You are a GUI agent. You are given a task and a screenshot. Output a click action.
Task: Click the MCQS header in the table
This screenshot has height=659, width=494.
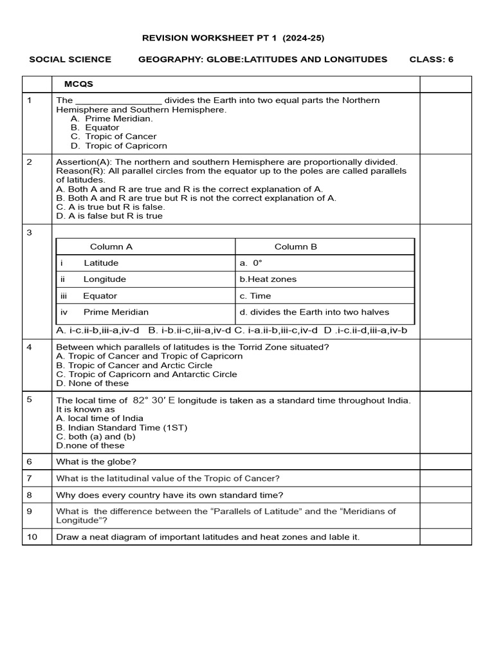point(78,84)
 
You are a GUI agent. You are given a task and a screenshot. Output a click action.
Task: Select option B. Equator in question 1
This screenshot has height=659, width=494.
point(95,127)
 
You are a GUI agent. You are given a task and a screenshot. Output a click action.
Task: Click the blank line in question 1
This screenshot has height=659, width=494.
point(118,101)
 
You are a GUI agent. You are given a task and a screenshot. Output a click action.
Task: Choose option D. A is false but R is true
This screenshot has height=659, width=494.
point(109,216)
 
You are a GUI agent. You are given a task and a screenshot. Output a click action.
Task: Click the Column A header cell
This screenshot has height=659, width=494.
point(111,246)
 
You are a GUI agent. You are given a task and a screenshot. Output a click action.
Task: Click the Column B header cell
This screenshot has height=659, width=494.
point(296,246)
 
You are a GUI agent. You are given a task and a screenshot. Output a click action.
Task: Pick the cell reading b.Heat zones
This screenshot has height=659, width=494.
point(268,279)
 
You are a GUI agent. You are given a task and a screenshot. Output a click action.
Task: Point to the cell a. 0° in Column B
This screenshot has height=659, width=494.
point(252,263)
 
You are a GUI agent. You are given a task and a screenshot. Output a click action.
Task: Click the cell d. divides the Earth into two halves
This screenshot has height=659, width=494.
point(315,312)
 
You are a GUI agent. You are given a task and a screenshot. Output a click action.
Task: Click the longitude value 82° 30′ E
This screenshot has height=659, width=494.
point(154,400)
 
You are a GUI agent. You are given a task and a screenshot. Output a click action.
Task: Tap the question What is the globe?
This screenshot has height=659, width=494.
point(96,461)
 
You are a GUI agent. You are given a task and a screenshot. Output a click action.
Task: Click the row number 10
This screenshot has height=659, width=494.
point(30,536)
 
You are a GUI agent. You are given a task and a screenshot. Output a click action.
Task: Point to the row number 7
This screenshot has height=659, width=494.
point(29,478)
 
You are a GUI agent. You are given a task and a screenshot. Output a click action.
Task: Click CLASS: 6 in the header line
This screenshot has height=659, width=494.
point(431,59)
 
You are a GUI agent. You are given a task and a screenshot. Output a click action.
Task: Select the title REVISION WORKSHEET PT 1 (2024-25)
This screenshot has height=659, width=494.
point(233,38)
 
